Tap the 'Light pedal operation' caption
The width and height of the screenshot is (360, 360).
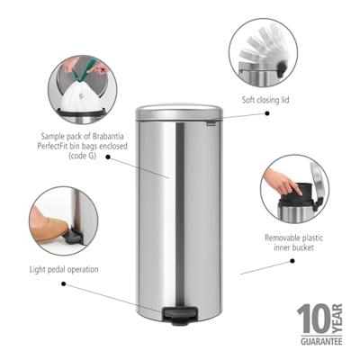coord(63,269)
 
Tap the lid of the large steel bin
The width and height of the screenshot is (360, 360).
coord(178,112)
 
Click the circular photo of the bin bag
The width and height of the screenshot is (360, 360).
coord(82,88)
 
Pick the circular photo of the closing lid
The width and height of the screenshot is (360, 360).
coord(262,53)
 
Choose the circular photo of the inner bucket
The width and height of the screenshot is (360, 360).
coord(294,189)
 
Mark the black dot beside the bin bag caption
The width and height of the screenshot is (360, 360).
coord(108,157)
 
